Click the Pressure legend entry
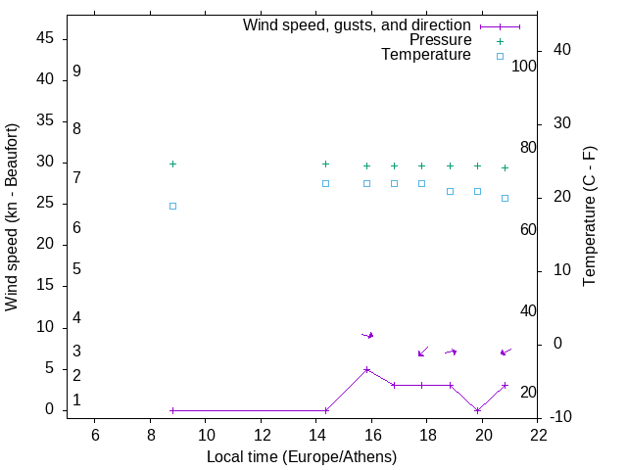440,40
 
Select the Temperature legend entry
426,56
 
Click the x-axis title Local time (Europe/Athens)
302,457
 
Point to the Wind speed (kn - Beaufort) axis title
12,217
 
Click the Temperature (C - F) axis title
590,217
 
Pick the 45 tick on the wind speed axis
45,39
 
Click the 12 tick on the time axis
262,435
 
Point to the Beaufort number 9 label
76,72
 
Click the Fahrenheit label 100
524,67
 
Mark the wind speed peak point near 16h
366,369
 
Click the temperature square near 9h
172,206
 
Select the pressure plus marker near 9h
172,164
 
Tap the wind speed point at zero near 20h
477,410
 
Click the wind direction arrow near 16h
367,335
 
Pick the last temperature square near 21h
506,198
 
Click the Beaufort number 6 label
76,228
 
